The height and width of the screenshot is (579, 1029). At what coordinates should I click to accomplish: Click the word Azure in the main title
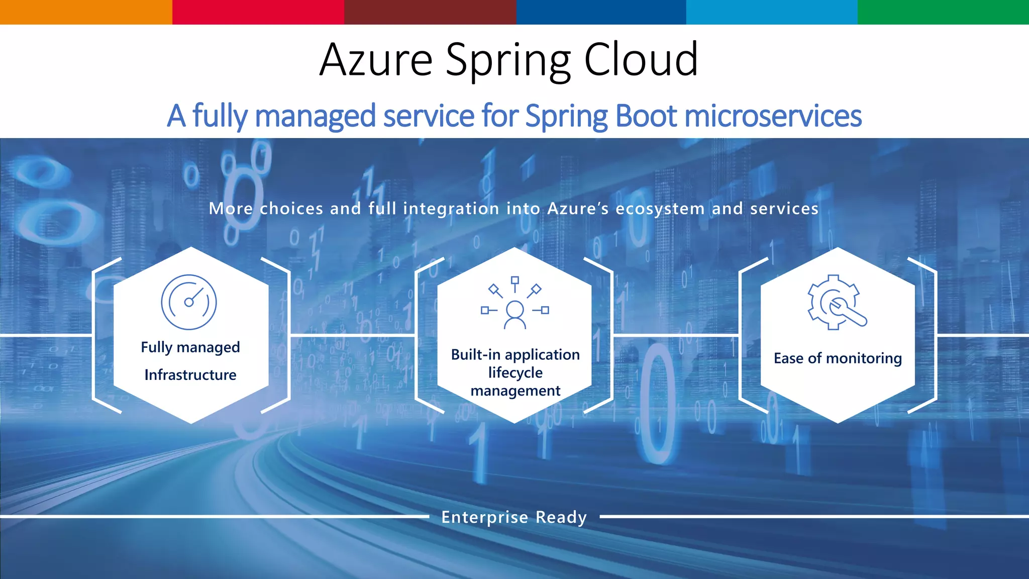[376, 60]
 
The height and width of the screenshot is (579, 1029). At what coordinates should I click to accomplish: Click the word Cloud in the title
[641, 60]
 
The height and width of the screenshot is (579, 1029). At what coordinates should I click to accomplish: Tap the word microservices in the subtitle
[773, 116]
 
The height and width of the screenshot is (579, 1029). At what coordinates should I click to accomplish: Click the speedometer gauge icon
[189, 302]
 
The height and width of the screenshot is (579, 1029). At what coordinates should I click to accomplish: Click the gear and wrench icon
[836, 303]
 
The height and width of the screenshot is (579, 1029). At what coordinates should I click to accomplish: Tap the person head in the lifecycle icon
[515, 309]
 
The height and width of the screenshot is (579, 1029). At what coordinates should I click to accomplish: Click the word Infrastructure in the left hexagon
[190, 375]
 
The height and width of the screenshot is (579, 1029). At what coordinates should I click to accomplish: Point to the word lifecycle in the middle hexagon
[516, 373]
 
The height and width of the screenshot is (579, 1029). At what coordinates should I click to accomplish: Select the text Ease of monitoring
[838, 358]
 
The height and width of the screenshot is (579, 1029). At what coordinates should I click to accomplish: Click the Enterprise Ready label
[514, 517]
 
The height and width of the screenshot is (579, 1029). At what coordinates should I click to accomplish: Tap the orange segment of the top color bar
[86, 12]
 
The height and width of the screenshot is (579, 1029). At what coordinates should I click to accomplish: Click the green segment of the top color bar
[943, 12]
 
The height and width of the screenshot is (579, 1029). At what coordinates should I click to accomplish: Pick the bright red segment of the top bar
[258, 12]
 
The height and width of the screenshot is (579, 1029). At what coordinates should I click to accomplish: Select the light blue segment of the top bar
[772, 12]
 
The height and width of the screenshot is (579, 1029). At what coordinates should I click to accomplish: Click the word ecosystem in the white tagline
[660, 209]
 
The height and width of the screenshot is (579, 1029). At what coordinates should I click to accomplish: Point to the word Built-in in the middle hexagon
[475, 355]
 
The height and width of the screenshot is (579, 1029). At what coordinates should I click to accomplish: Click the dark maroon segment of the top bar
[430, 12]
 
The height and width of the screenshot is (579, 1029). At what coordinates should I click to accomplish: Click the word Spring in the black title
[508, 60]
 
